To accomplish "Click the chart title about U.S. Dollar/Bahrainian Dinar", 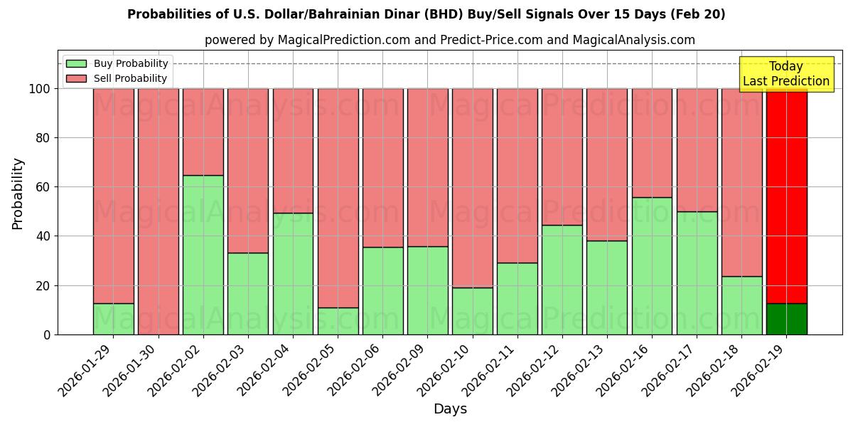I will click(426, 14).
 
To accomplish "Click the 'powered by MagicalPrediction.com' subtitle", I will click(449, 40).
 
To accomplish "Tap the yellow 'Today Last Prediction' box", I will click(785, 74).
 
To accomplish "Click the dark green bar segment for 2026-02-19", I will click(786, 319).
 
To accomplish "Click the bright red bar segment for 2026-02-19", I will click(786, 196).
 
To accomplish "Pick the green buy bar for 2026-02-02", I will click(203, 255).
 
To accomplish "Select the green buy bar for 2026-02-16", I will click(652, 265).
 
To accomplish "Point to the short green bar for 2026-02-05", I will click(338, 321).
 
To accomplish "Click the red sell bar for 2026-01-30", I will click(159, 211).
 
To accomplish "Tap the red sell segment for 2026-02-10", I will click(472, 188).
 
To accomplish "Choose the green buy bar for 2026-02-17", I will click(697, 273).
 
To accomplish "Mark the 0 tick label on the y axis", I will click(47, 334).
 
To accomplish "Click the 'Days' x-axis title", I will click(449, 409).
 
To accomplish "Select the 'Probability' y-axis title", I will click(18, 194).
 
